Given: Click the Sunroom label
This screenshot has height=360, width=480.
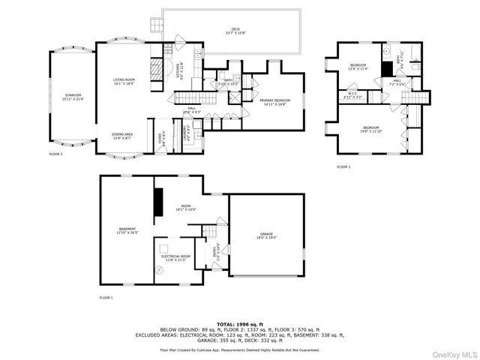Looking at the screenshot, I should (x=73, y=97).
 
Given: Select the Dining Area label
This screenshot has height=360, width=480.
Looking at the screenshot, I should (x=123, y=136).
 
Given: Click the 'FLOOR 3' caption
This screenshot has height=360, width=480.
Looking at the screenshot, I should (x=343, y=166).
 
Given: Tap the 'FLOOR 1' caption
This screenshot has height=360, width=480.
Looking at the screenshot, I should (x=106, y=298).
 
